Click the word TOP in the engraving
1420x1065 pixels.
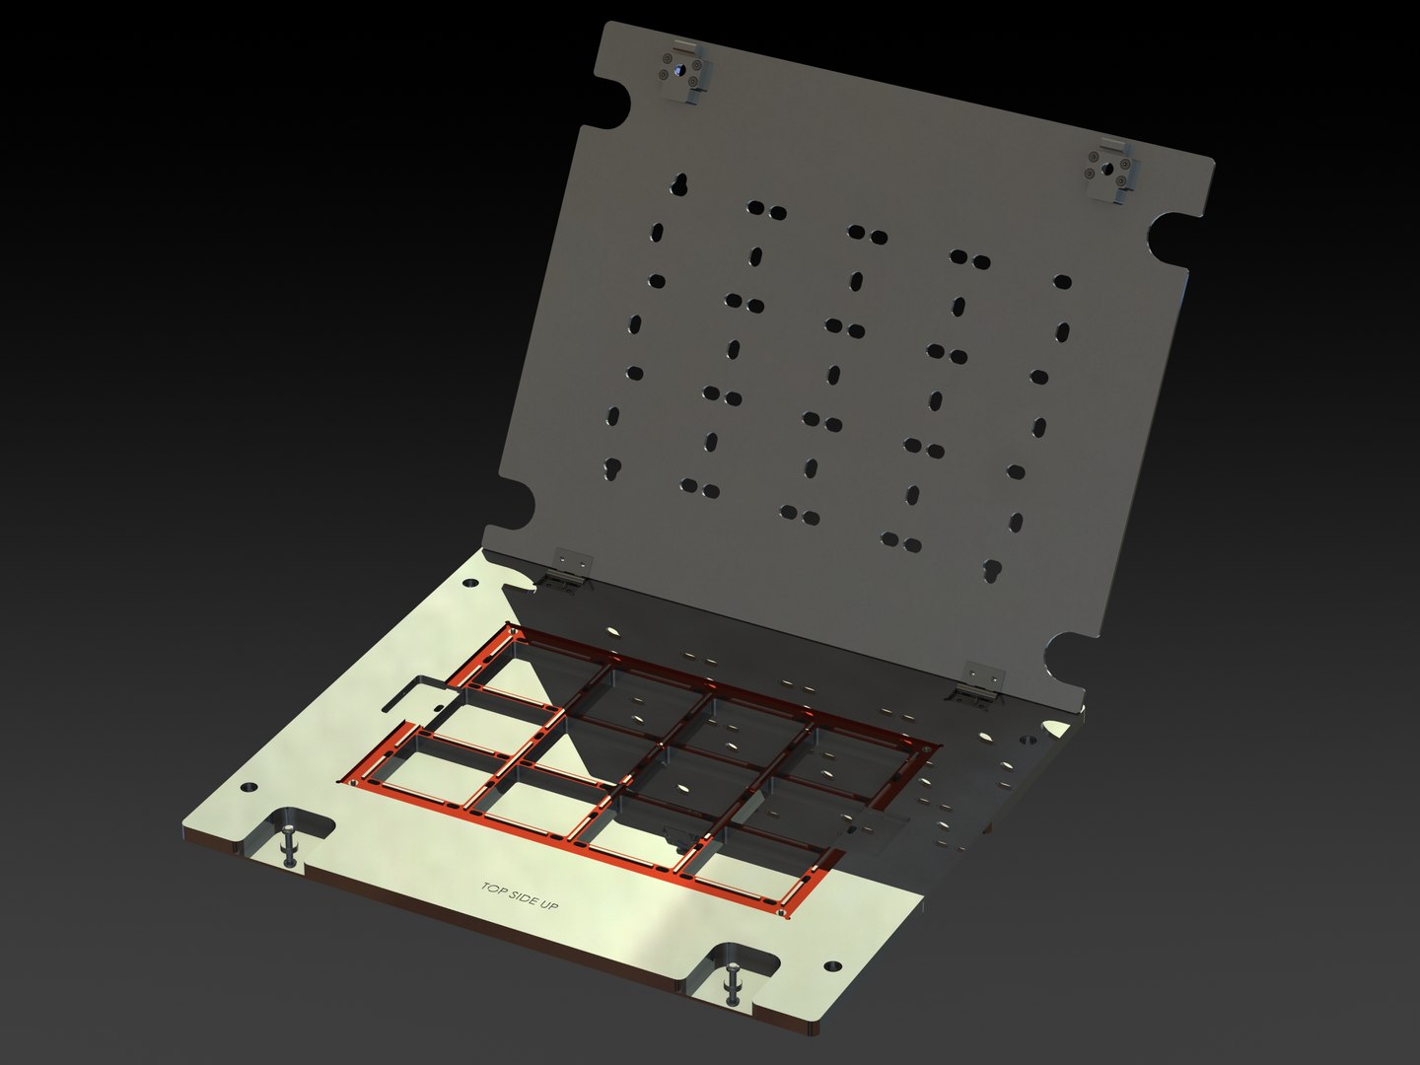click(x=492, y=888)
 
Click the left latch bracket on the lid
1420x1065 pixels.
click(x=683, y=72)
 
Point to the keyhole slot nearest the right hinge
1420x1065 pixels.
click(x=992, y=571)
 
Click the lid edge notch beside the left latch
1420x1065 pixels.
click(x=613, y=105)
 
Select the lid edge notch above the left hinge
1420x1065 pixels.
click(x=518, y=508)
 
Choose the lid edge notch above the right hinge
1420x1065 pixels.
click(x=1069, y=655)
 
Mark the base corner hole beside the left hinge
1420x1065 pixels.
click(x=470, y=583)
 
